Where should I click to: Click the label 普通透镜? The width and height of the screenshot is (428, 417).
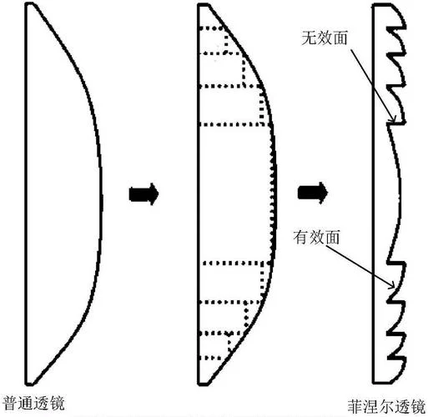[33, 404]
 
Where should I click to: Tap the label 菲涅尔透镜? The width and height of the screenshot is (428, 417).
[387, 407]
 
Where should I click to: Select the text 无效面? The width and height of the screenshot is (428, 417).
[325, 38]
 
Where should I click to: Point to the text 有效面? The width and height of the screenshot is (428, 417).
[316, 238]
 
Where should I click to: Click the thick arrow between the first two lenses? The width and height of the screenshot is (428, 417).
[144, 193]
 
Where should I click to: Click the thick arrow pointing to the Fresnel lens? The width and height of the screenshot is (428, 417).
[313, 193]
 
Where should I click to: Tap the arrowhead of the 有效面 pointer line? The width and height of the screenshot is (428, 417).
[393, 286]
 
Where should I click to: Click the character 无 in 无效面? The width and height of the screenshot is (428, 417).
[309, 38]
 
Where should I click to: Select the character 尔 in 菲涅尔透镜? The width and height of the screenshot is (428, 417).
[387, 407]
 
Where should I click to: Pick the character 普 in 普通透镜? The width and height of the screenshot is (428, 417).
[10, 404]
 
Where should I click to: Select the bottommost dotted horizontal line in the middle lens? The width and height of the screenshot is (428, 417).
[213, 358]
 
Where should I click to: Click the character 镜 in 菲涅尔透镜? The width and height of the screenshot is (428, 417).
[419, 407]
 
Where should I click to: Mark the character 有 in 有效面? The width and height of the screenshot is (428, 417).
[301, 238]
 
